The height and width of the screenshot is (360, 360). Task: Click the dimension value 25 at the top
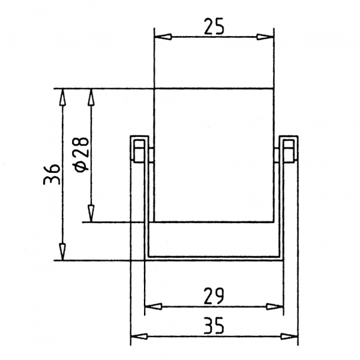pyautogui.click(x=214, y=26)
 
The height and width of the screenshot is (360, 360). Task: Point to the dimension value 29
pyautogui.click(x=214, y=295)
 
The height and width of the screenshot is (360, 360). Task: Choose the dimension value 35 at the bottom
pyautogui.click(x=214, y=326)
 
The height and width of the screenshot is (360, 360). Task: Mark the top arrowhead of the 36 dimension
pyautogui.click(x=62, y=98)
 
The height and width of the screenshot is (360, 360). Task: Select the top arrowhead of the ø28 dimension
pyautogui.click(x=91, y=98)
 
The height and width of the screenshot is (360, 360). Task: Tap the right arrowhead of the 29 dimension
pyautogui.click(x=274, y=306)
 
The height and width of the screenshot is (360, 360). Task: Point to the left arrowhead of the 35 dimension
pyautogui.click(x=140, y=337)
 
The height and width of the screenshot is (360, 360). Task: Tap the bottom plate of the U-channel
pyautogui.click(x=214, y=257)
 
